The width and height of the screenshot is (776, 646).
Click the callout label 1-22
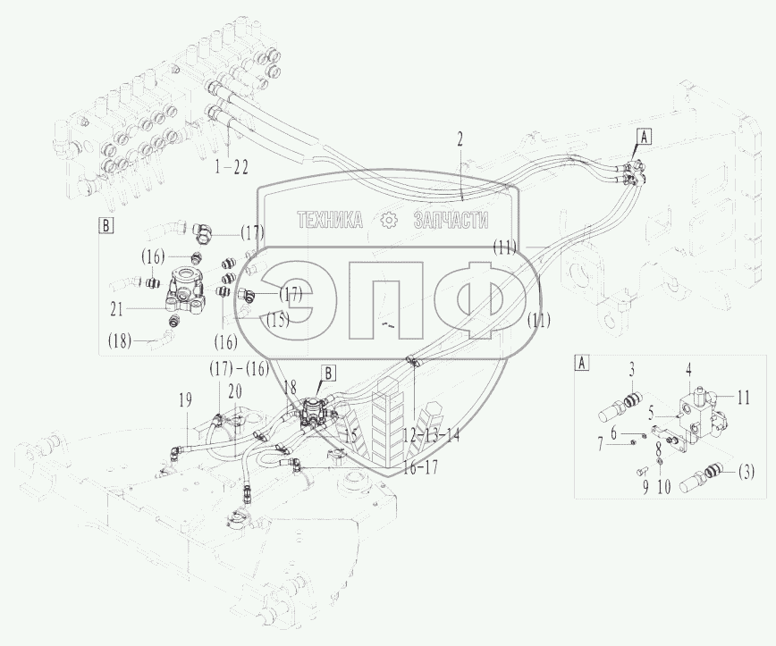pyautogui.click(x=232, y=168)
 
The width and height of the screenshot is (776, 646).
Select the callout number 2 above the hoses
pyautogui.click(x=460, y=139)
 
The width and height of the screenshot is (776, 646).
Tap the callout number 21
pyautogui.click(x=116, y=310)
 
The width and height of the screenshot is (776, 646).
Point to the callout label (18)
pyautogui.click(x=120, y=340)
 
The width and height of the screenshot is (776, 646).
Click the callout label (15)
pyautogui.click(x=278, y=321)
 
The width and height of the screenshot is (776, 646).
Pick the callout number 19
pyautogui.click(x=186, y=400)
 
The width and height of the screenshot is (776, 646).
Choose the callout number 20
pyautogui.click(x=236, y=391)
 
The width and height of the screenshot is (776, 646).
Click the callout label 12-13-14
pyautogui.click(x=431, y=436)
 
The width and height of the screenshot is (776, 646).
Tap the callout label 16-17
pyautogui.click(x=420, y=467)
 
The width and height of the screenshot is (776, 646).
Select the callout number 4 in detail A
pyautogui.click(x=689, y=369)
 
